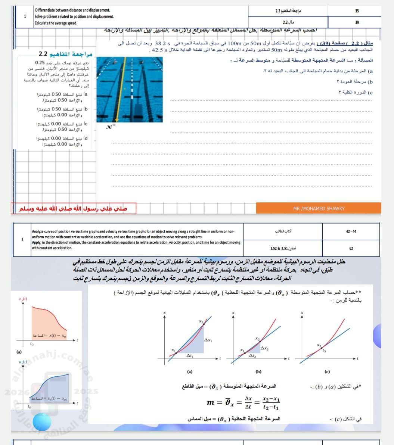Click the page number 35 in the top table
tap(357, 11)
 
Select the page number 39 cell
tap(357, 22)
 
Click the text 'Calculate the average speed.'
tap(56, 23)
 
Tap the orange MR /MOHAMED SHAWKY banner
tap(319, 208)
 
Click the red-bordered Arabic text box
tap(73, 208)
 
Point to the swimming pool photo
tap(130, 89)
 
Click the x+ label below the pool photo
tap(111, 127)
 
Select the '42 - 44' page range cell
tap(351, 231)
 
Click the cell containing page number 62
tap(351, 248)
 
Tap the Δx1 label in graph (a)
tap(208, 340)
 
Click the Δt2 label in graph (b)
tap(253, 356)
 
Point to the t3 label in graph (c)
tap(324, 351)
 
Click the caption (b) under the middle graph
tap(258, 371)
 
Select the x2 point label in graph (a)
tap(201, 321)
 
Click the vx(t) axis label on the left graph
tap(23, 299)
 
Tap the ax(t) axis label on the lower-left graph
tap(23, 362)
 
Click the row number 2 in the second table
tap(22, 239)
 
